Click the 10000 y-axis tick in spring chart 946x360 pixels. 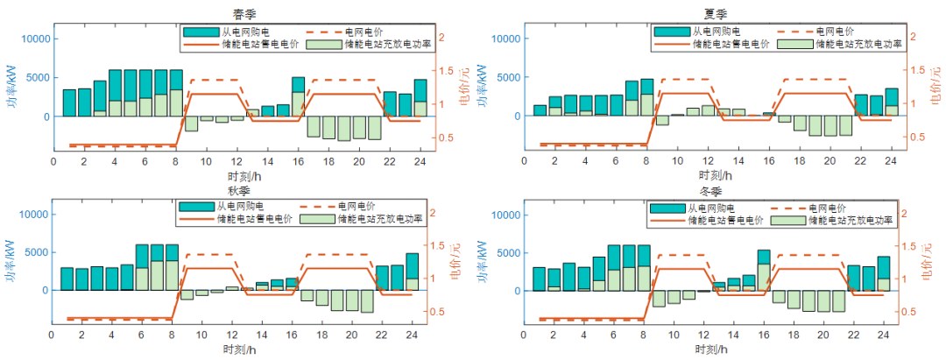32,39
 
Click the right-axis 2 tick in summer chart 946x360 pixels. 913,38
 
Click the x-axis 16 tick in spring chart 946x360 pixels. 299,163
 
